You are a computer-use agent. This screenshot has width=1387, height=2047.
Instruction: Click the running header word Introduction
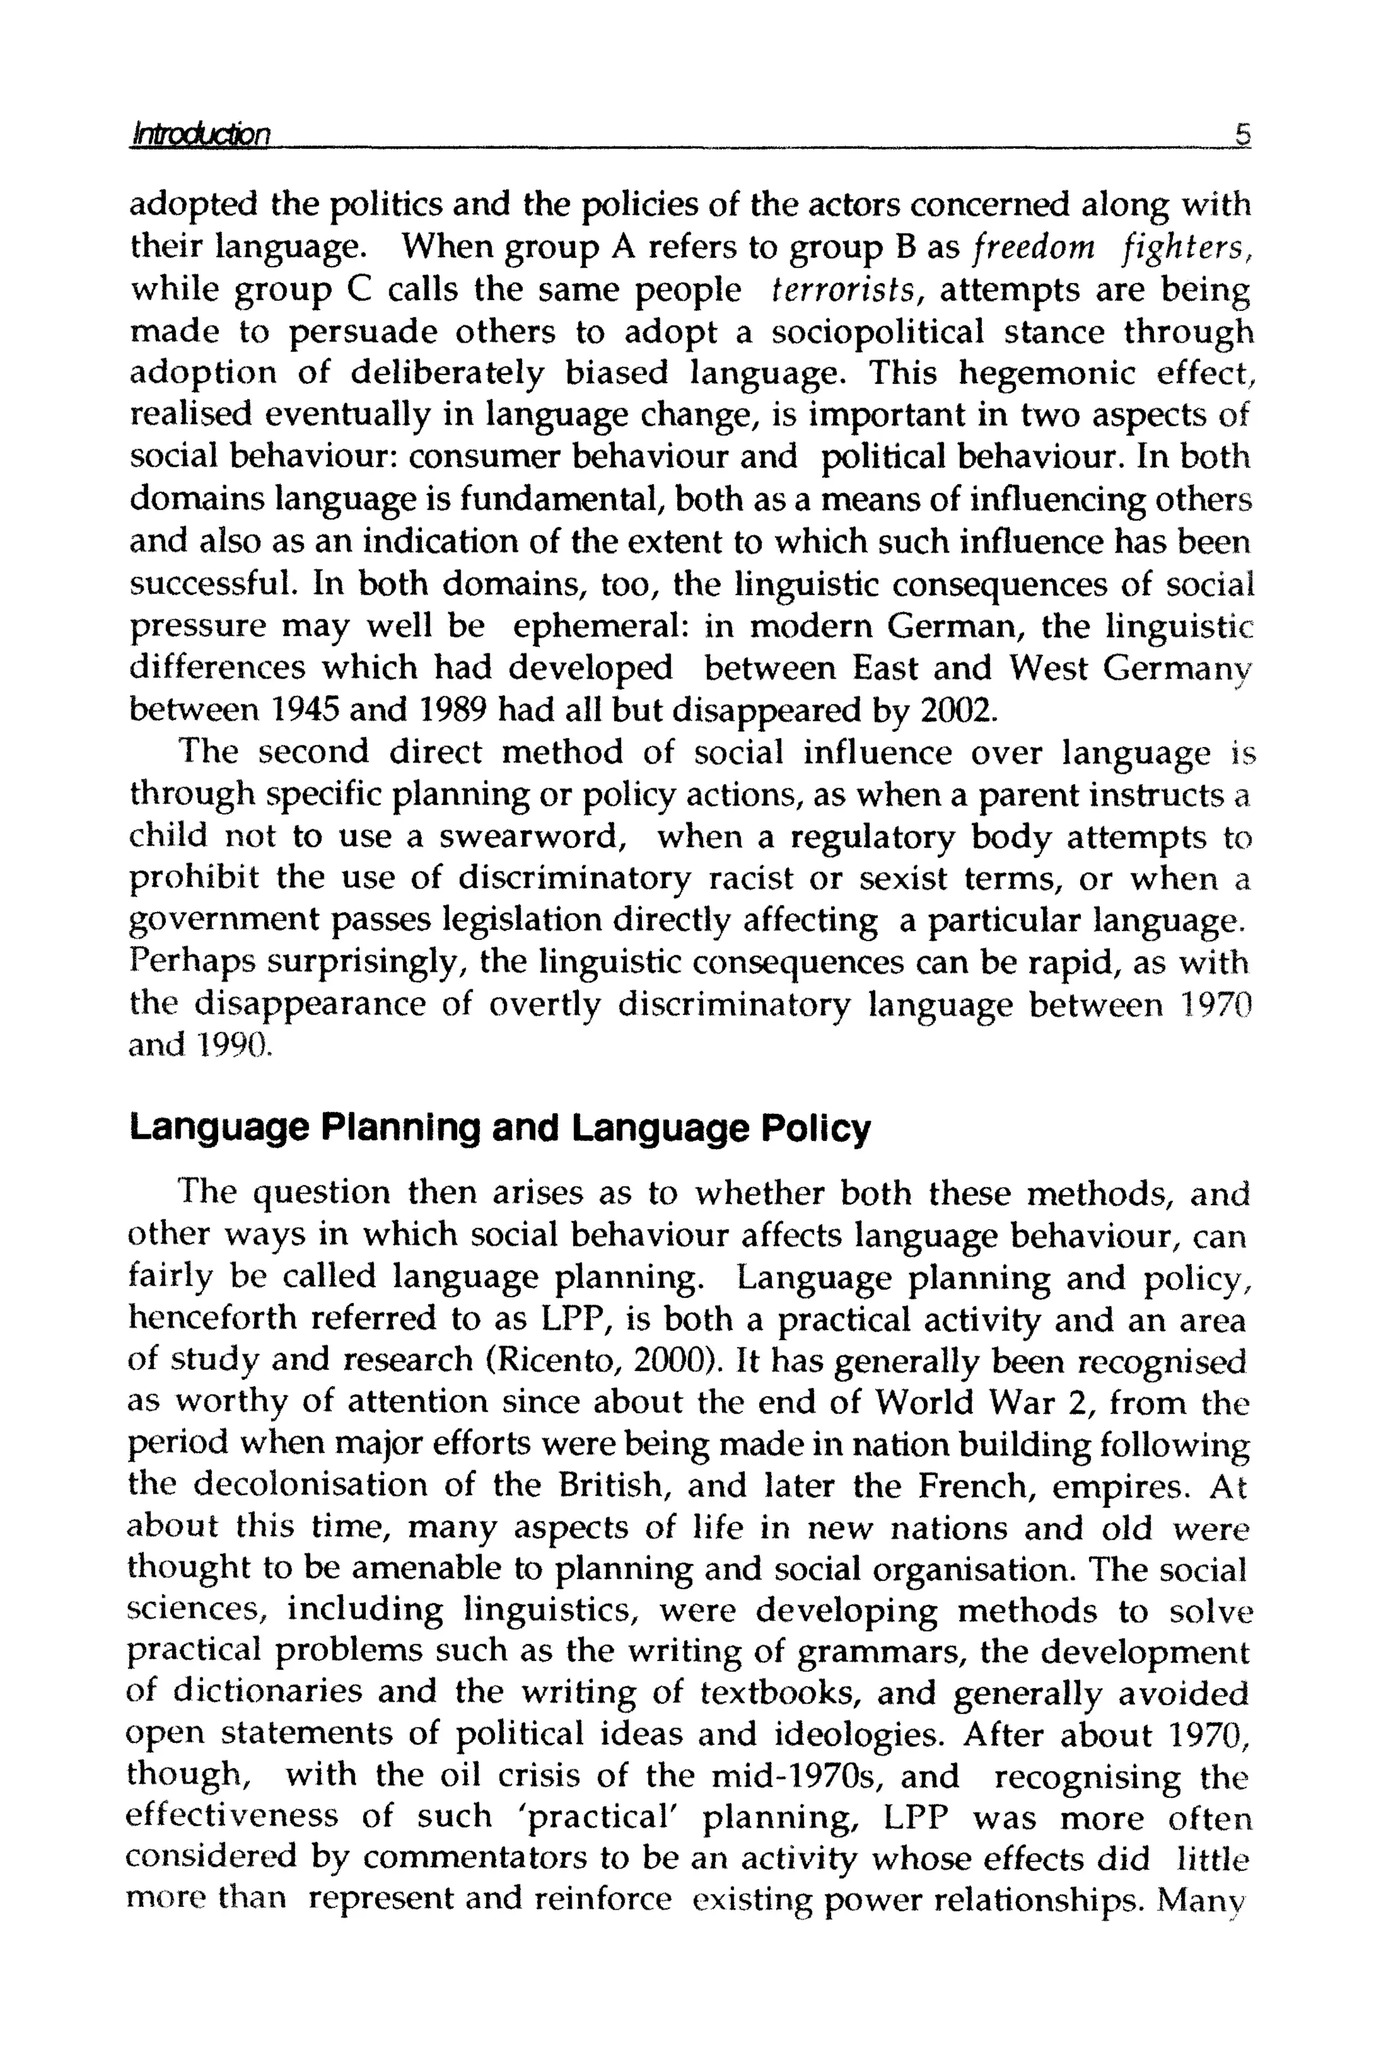[x=199, y=135]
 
